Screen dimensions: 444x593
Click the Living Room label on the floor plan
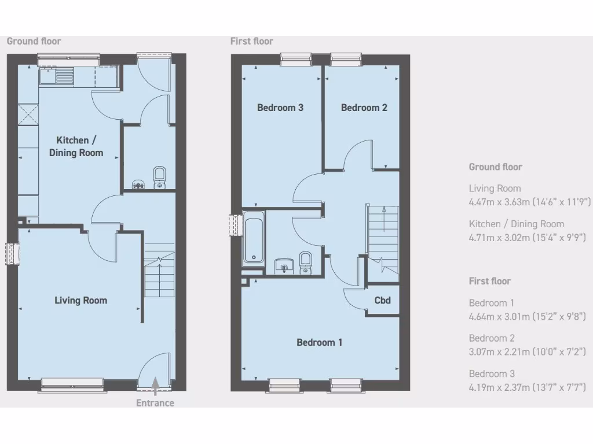(80, 300)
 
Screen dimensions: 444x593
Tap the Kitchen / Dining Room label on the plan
(76, 146)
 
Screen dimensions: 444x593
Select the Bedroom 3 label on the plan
(280, 108)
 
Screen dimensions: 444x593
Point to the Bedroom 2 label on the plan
(364, 108)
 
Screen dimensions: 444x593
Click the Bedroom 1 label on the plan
(319, 342)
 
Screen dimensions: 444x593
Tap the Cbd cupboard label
(382, 300)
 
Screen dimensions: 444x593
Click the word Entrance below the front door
(155, 403)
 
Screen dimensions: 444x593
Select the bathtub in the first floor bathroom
(253, 238)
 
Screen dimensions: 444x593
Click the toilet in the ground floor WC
(159, 177)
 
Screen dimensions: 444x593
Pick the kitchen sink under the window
(56, 76)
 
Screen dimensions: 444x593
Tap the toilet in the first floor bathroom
(306, 262)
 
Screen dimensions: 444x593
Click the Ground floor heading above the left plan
(34, 41)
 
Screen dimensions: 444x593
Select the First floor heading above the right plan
(251, 41)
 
